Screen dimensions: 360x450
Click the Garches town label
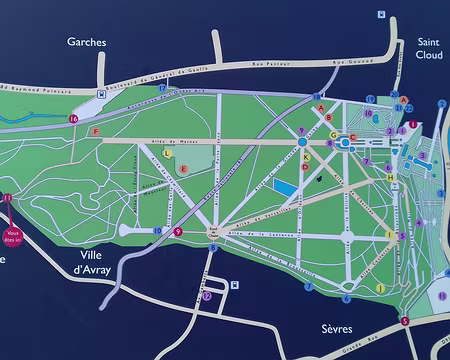point(87,42)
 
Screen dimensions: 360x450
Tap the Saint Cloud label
point(428,48)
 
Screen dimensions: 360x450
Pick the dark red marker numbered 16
point(73,119)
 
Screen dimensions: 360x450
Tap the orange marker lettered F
point(96,131)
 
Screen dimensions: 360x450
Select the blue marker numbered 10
point(158,231)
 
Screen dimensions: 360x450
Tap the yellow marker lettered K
point(306,155)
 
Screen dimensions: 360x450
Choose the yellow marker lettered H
point(391,178)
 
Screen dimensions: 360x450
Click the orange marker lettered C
point(353,137)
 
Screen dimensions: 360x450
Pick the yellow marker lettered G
point(334,134)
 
